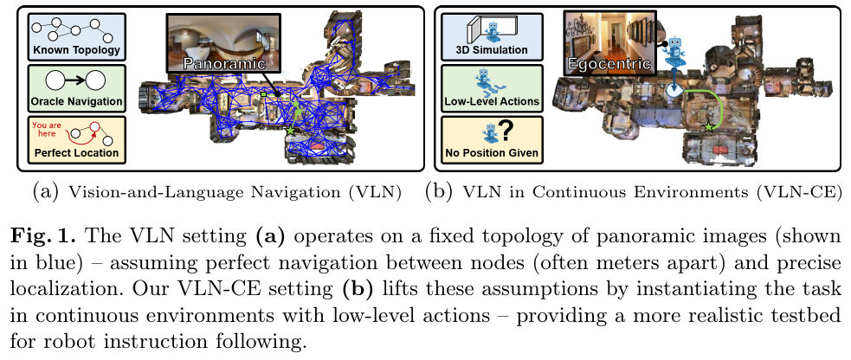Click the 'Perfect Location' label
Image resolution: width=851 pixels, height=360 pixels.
tap(75, 155)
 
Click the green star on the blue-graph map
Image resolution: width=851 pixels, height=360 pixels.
tap(290, 129)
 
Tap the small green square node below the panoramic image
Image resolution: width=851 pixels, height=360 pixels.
tap(263, 92)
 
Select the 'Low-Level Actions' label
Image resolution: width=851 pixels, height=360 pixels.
tap(492, 102)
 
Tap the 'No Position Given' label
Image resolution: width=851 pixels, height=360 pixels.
tap(492, 154)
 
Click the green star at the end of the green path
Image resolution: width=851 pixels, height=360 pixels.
tap(710, 128)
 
